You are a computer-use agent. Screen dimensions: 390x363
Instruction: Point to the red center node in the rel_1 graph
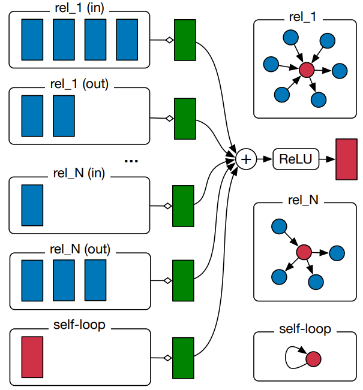coord(307,71)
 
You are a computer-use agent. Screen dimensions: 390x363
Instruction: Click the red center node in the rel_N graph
coord(304,252)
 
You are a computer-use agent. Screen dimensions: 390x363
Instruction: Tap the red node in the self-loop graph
coord(313,359)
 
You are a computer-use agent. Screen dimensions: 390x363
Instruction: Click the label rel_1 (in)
coord(79,9)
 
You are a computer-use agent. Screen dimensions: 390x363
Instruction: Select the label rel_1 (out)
coord(79,84)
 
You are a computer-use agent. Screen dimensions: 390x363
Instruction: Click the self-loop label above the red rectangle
coord(79,325)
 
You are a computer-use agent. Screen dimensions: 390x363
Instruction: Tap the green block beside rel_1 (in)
coord(185,40)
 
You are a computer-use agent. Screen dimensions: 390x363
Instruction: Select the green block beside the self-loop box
coord(183,358)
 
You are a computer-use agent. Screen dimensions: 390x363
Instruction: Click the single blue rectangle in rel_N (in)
coord(32,205)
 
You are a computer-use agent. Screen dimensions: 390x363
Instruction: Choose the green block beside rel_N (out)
coord(183,280)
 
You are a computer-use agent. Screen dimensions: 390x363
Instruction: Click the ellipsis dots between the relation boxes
coord(131,161)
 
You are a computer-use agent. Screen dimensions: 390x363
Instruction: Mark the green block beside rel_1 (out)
coord(185,118)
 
